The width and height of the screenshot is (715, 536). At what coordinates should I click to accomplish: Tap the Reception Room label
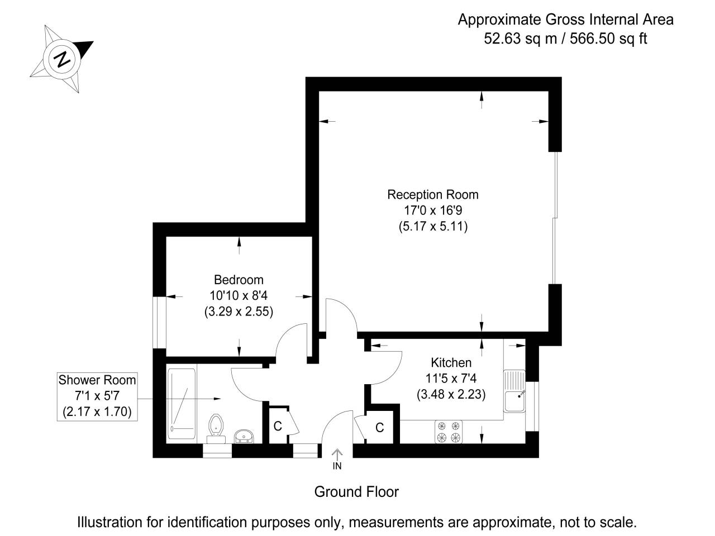(x=433, y=195)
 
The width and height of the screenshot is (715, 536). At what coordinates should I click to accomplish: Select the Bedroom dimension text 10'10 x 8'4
(x=239, y=295)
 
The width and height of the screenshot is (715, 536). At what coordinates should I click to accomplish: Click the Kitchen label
(x=451, y=362)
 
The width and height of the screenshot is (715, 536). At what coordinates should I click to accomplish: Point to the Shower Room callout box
(x=97, y=396)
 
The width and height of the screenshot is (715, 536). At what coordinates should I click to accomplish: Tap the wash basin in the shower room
(x=244, y=435)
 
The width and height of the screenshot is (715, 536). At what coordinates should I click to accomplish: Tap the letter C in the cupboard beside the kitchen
(x=380, y=428)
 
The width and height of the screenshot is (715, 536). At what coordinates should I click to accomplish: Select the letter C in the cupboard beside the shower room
(x=278, y=427)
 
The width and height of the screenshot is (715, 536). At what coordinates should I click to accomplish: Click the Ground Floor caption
(x=356, y=492)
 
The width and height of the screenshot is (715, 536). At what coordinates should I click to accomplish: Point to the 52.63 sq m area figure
(x=515, y=39)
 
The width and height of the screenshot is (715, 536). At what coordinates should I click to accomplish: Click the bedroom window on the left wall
(x=159, y=323)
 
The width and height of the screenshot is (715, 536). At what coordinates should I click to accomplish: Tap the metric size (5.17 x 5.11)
(x=433, y=227)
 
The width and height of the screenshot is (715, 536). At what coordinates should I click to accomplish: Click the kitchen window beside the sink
(x=535, y=406)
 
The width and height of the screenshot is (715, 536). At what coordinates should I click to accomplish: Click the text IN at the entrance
(x=337, y=466)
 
